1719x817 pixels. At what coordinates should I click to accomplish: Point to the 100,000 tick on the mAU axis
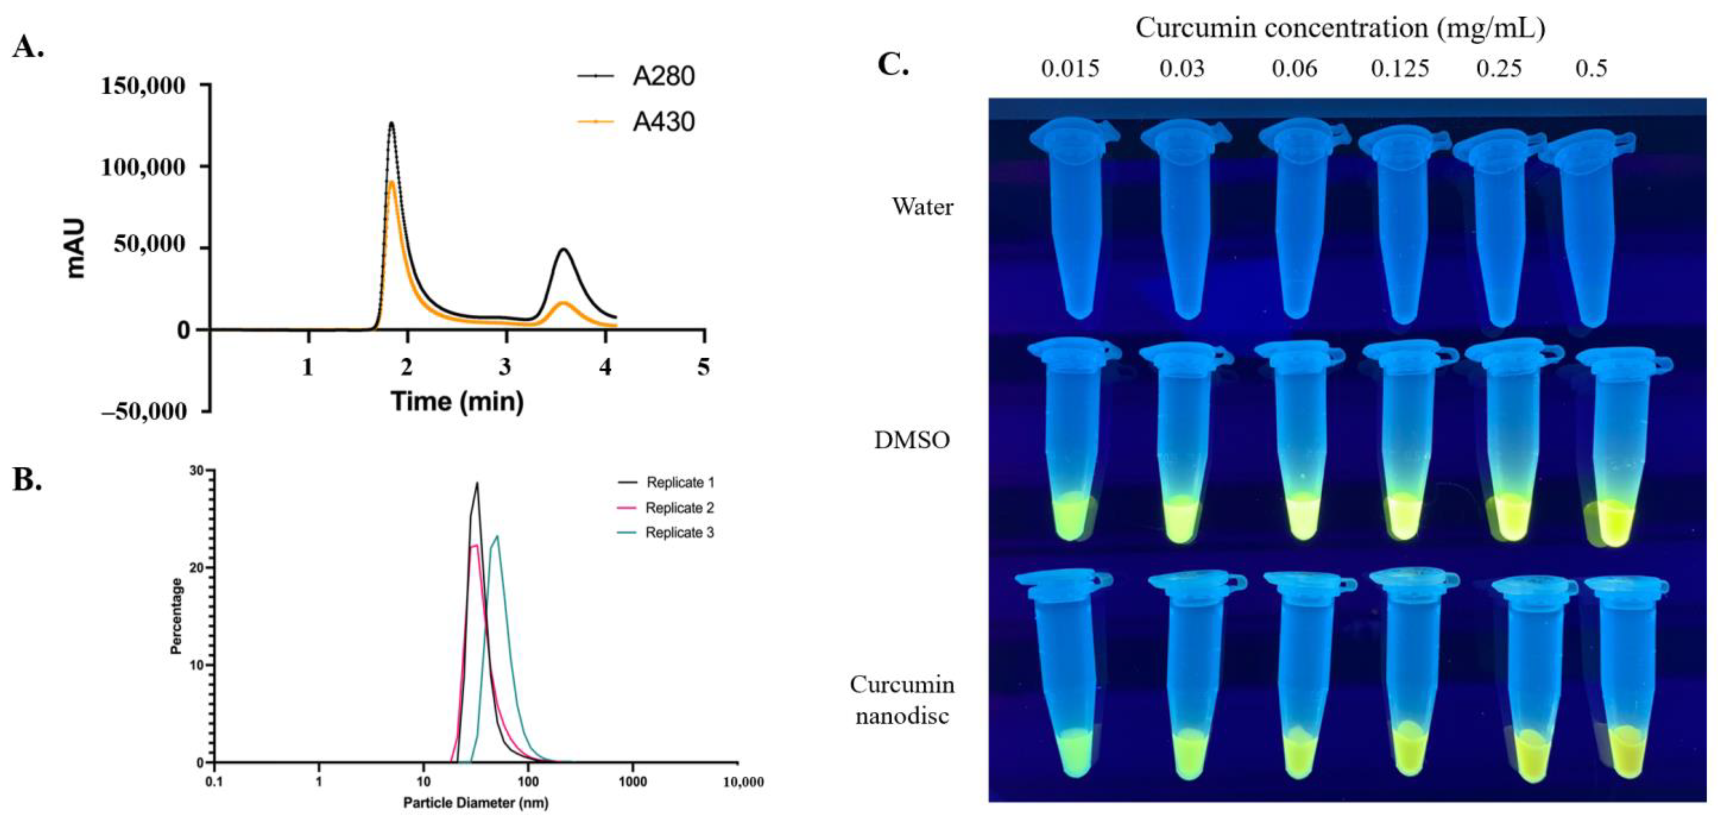coord(143,167)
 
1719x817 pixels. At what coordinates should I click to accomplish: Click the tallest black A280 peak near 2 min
coord(391,123)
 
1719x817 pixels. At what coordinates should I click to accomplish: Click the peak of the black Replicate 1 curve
coord(477,484)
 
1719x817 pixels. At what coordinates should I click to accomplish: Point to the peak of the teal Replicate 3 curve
coord(496,536)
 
